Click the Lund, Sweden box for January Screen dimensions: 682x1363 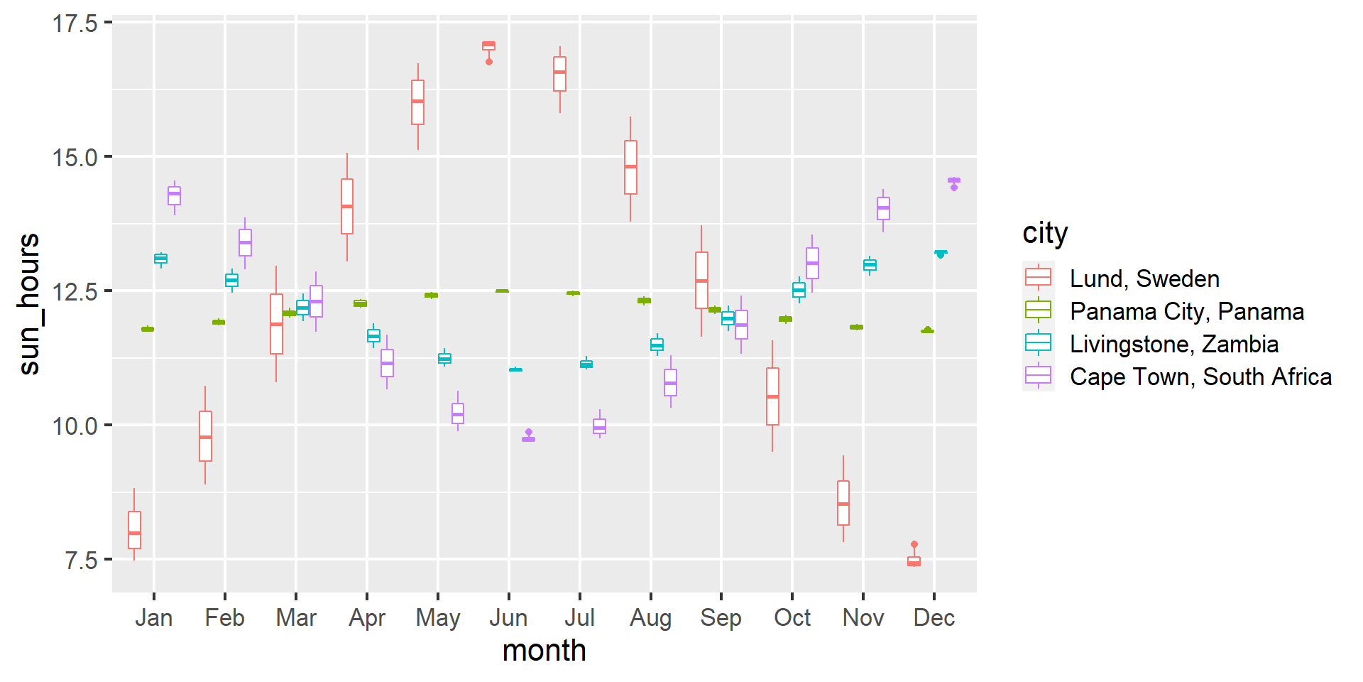[134, 530]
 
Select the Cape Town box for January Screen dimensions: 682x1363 [174, 195]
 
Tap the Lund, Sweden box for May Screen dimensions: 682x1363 [418, 102]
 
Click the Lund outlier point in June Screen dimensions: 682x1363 [489, 62]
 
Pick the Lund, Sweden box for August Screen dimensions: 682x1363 [630, 167]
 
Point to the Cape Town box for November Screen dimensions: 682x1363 [883, 208]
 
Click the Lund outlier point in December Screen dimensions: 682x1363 [914, 544]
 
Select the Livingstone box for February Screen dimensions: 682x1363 [231, 281]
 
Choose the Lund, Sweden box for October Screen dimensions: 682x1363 [772, 396]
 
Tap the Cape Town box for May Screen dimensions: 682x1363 [458, 413]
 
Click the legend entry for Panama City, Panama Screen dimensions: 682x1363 [1187, 311]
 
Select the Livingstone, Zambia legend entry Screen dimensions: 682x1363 [1174, 344]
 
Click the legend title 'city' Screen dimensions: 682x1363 [1045, 233]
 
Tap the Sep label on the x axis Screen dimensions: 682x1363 [721, 618]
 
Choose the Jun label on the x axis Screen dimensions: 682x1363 [508, 618]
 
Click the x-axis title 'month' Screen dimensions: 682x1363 [544, 651]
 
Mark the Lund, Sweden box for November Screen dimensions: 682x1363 [843, 503]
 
